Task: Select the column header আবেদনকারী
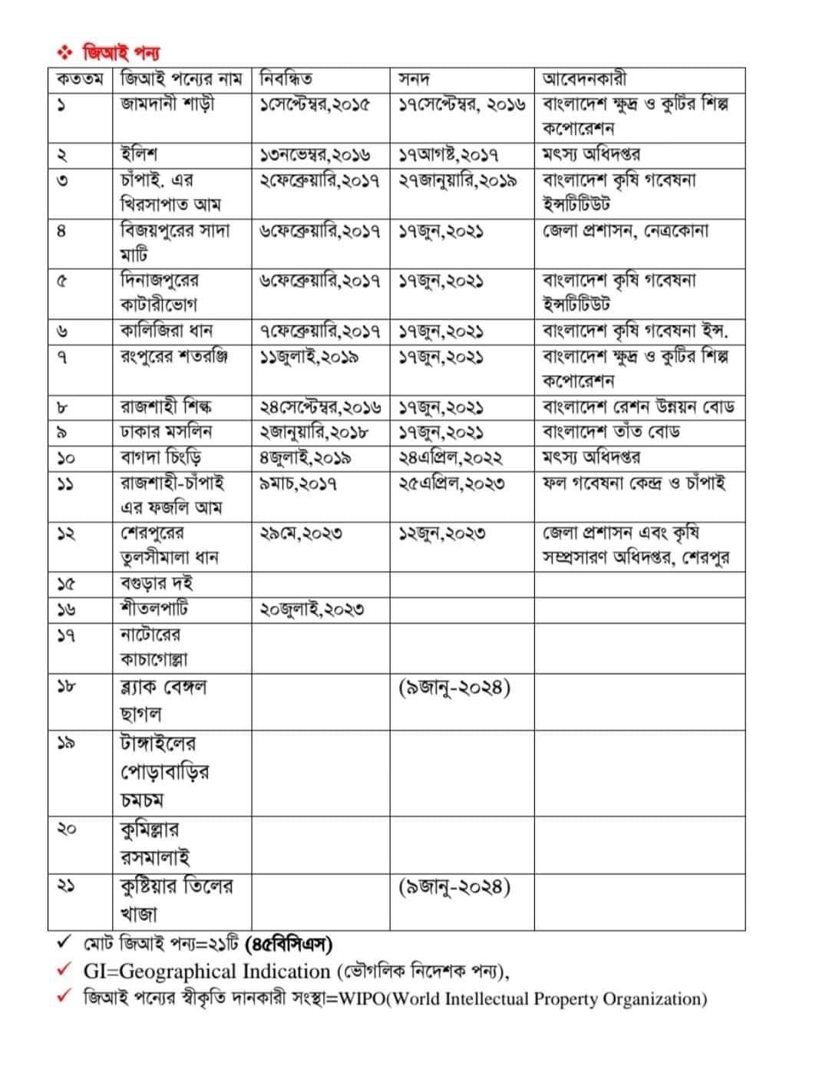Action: pyautogui.click(x=584, y=79)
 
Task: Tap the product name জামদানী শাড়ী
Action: pyautogui.click(x=167, y=104)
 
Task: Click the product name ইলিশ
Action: pyautogui.click(x=139, y=154)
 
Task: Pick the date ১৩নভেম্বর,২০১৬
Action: pyautogui.click(x=315, y=155)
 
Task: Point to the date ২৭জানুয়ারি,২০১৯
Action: pyautogui.click(x=457, y=180)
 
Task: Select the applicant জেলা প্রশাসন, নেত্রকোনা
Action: pyautogui.click(x=626, y=230)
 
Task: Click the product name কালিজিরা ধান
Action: pyautogui.click(x=167, y=331)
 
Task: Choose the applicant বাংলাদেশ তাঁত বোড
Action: pyautogui.click(x=611, y=431)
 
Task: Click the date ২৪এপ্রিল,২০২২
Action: pyautogui.click(x=451, y=458)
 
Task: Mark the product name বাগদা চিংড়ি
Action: pyautogui.click(x=161, y=457)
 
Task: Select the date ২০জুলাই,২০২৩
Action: pyautogui.click(x=312, y=609)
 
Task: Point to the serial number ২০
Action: pyautogui.click(x=68, y=828)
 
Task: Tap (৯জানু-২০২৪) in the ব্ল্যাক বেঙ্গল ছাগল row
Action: pyautogui.click(x=454, y=686)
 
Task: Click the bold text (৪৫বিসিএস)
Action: pyautogui.click(x=288, y=943)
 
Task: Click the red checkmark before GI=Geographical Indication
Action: pyautogui.click(x=65, y=970)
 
